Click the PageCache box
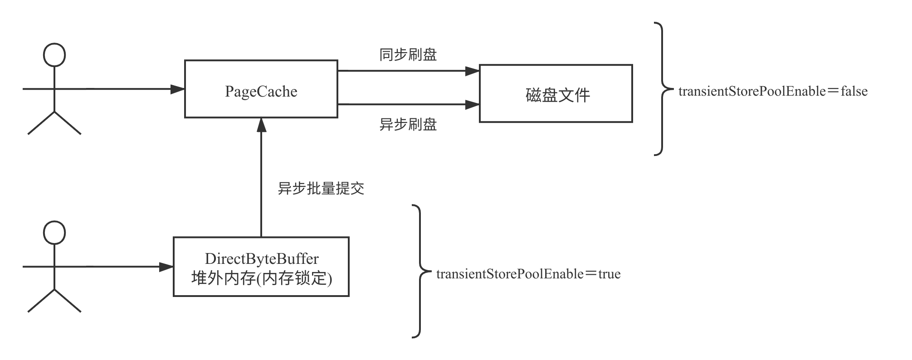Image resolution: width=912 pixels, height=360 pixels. click(x=261, y=89)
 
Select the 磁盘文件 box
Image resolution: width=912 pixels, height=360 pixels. click(x=556, y=94)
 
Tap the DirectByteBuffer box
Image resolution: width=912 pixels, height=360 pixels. click(x=261, y=267)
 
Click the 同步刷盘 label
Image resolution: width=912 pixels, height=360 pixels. click(x=408, y=55)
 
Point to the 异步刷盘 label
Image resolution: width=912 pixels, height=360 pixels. click(x=408, y=124)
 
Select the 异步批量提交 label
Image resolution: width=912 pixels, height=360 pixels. click(x=321, y=189)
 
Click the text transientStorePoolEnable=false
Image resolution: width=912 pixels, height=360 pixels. click(x=773, y=92)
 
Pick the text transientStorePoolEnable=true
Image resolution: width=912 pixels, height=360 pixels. click(x=528, y=274)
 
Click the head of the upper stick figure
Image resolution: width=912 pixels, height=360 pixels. click(x=54, y=55)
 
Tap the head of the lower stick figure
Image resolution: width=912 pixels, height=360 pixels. click(x=54, y=233)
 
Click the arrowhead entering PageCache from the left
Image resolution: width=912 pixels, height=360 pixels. click(x=178, y=89)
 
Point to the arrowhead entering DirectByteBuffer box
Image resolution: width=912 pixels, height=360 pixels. click(x=167, y=267)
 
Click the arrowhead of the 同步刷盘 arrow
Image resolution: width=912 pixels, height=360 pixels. click(x=473, y=71)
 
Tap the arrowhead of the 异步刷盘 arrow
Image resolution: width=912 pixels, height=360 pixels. click(x=473, y=105)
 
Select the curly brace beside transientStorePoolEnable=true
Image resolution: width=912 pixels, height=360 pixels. click(x=420, y=271)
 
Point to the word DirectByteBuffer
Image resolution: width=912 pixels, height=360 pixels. click(x=262, y=259)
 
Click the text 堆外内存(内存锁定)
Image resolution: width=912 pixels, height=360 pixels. click(x=262, y=278)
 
